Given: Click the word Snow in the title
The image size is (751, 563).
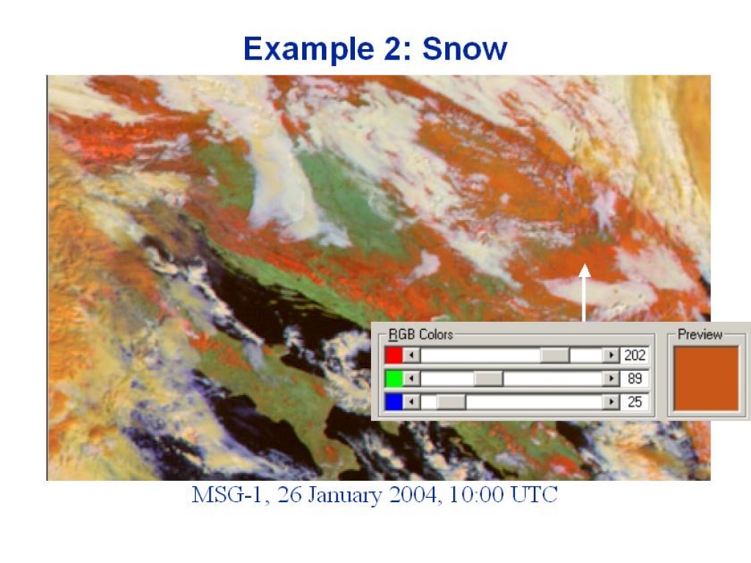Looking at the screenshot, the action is [464, 48].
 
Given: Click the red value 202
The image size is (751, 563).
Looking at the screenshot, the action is [634, 356].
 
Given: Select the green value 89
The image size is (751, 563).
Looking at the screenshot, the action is [634, 378].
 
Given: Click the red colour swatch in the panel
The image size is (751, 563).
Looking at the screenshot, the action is [394, 356].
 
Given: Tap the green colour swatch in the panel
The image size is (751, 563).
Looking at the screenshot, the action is [394, 378].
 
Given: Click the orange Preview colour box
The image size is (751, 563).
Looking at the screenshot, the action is [706, 378].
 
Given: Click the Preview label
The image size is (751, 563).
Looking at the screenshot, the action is [700, 334].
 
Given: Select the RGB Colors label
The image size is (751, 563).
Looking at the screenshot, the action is [420, 334].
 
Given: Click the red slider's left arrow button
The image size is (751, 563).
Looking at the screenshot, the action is [411, 356].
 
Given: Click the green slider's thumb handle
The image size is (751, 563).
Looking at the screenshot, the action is [488, 378].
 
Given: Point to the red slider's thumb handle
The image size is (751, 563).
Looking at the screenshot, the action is [554, 356].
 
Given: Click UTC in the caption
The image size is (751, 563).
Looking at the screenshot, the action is [534, 495].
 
